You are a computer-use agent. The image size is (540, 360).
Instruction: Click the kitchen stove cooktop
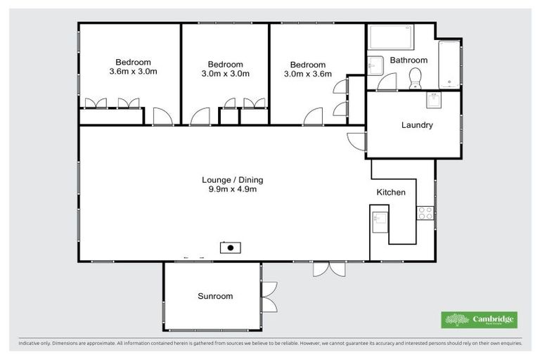tap(425, 212)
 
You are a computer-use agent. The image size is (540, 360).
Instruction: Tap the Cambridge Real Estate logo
tap(479, 320)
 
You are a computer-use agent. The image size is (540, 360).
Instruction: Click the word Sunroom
tap(214, 296)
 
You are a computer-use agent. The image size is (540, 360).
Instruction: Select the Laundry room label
tap(416, 126)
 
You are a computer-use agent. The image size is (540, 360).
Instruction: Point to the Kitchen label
tap(391, 192)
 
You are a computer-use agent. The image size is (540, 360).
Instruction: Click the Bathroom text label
tap(409, 60)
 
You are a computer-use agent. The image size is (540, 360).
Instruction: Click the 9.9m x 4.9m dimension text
tap(232, 189)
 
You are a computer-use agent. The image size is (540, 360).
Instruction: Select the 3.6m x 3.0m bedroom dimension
tap(133, 72)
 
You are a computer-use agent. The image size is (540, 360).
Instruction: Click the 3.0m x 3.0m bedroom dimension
tap(225, 74)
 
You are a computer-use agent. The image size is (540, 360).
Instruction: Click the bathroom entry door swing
tap(387, 82)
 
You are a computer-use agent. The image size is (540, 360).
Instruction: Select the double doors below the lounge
tap(329, 269)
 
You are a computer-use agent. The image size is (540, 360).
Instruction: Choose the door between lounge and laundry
tap(357, 141)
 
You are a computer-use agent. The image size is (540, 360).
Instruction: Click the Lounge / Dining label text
tap(232, 179)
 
